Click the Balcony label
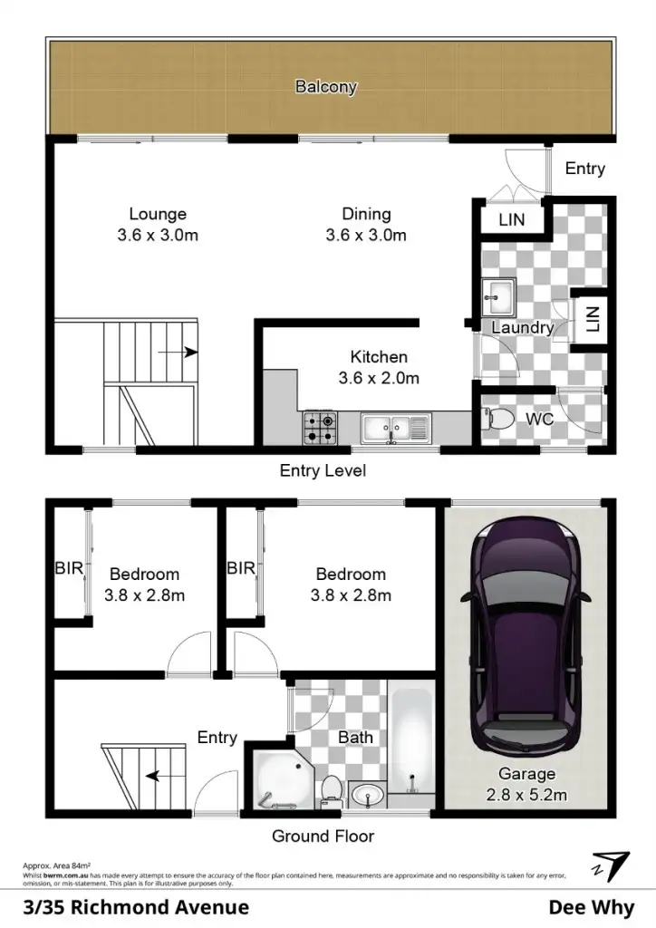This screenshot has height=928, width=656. (x=326, y=88)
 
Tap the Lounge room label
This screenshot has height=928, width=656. (x=158, y=215)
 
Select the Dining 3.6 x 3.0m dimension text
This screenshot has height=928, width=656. (x=366, y=236)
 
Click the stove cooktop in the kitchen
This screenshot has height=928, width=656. (x=321, y=426)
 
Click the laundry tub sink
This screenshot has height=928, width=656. (x=497, y=295)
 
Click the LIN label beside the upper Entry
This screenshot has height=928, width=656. (x=512, y=219)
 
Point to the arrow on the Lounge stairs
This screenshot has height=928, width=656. (x=186, y=353)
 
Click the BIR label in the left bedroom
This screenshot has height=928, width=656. (x=70, y=568)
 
